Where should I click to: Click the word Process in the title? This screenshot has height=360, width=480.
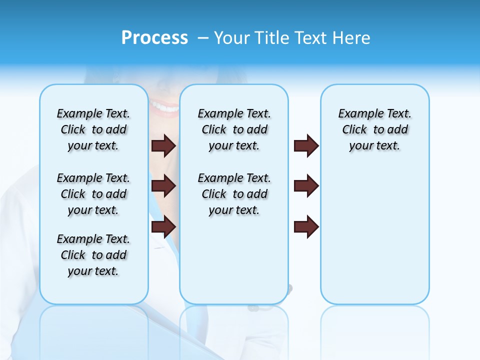point(154,38)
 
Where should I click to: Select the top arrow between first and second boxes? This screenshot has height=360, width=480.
point(163,145)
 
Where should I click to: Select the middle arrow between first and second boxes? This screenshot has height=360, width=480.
point(163,186)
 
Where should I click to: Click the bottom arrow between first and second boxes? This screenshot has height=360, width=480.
point(163,226)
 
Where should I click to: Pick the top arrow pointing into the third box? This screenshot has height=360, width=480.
point(306,145)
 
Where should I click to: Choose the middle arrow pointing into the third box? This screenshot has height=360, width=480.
point(306,186)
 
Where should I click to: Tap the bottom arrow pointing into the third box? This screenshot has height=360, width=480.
point(306,226)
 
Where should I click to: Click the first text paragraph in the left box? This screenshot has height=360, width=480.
point(93,129)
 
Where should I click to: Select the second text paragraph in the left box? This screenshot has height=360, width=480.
point(93,194)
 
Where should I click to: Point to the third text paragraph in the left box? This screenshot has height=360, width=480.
point(93,255)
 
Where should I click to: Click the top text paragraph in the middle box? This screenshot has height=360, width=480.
point(234,129)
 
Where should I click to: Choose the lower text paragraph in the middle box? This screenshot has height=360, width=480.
point(234,194)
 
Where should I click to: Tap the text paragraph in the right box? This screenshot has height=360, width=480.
point(374,129)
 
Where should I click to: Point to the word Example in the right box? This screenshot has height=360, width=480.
point(357,113)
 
